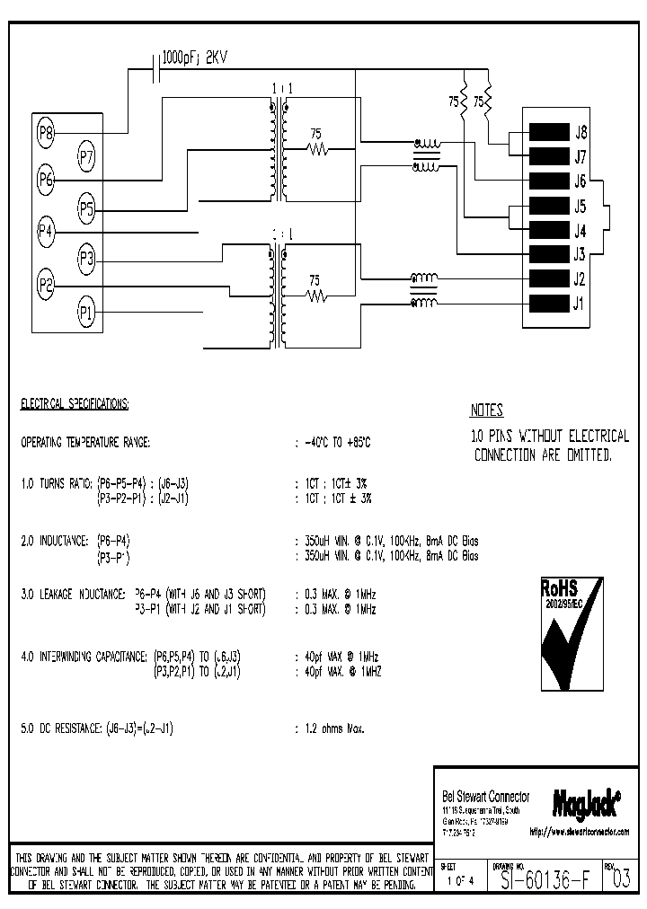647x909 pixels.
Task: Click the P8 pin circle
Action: pyautogui.click(x=47, y=134)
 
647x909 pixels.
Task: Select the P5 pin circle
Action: pyautogui.click(x=86, y=210)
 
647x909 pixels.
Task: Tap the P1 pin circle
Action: pyautogui.click(x=86, y=313)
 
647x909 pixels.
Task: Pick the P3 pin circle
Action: pyautogui.click(x=86, y=259)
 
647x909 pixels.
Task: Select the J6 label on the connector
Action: pyautogui.click(x=581, y=181)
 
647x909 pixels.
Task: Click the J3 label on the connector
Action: pyautogui.click(x=581, y=254)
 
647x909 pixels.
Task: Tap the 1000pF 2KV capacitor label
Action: pyautogui.click(x=195, y=57)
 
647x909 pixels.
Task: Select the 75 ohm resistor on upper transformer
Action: pyautogui.click(x=315, y=149)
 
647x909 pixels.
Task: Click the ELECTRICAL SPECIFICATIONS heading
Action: pyautogui.click(x=75, y=404)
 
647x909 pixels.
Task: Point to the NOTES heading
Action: pyautogui.click(x=486, y=411)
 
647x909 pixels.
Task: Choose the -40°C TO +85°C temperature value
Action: pyautogui.click(x=337, y=443)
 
